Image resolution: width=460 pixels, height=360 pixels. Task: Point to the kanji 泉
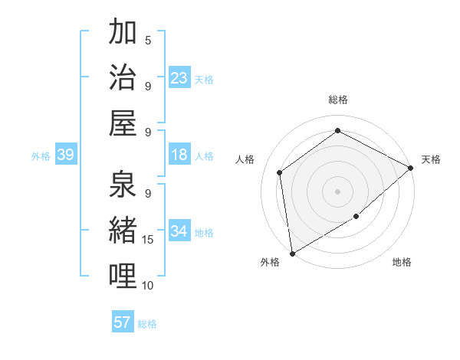123,184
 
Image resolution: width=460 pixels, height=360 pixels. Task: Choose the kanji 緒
123,230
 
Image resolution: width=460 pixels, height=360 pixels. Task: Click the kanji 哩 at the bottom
123,276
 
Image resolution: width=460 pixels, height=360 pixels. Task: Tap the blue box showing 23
179,77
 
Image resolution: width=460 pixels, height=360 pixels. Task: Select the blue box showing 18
179,155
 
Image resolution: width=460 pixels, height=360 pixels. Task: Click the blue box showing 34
179,231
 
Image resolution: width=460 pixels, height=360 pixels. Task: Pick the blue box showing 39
65,155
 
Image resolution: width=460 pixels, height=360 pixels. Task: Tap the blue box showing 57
123,322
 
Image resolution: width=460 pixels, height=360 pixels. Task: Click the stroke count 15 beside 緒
149,240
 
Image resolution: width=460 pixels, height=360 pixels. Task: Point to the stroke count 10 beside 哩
149,286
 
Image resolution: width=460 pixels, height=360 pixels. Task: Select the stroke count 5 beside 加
148,40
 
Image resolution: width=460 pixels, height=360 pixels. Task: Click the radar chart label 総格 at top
337,100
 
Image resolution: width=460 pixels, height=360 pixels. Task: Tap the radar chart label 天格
431,159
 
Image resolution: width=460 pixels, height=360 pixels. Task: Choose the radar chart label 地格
402,262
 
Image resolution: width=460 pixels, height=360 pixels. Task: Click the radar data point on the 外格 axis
292,253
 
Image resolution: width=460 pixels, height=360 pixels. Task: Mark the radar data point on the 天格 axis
411,168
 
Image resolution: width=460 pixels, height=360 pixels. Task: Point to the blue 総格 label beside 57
147,324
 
